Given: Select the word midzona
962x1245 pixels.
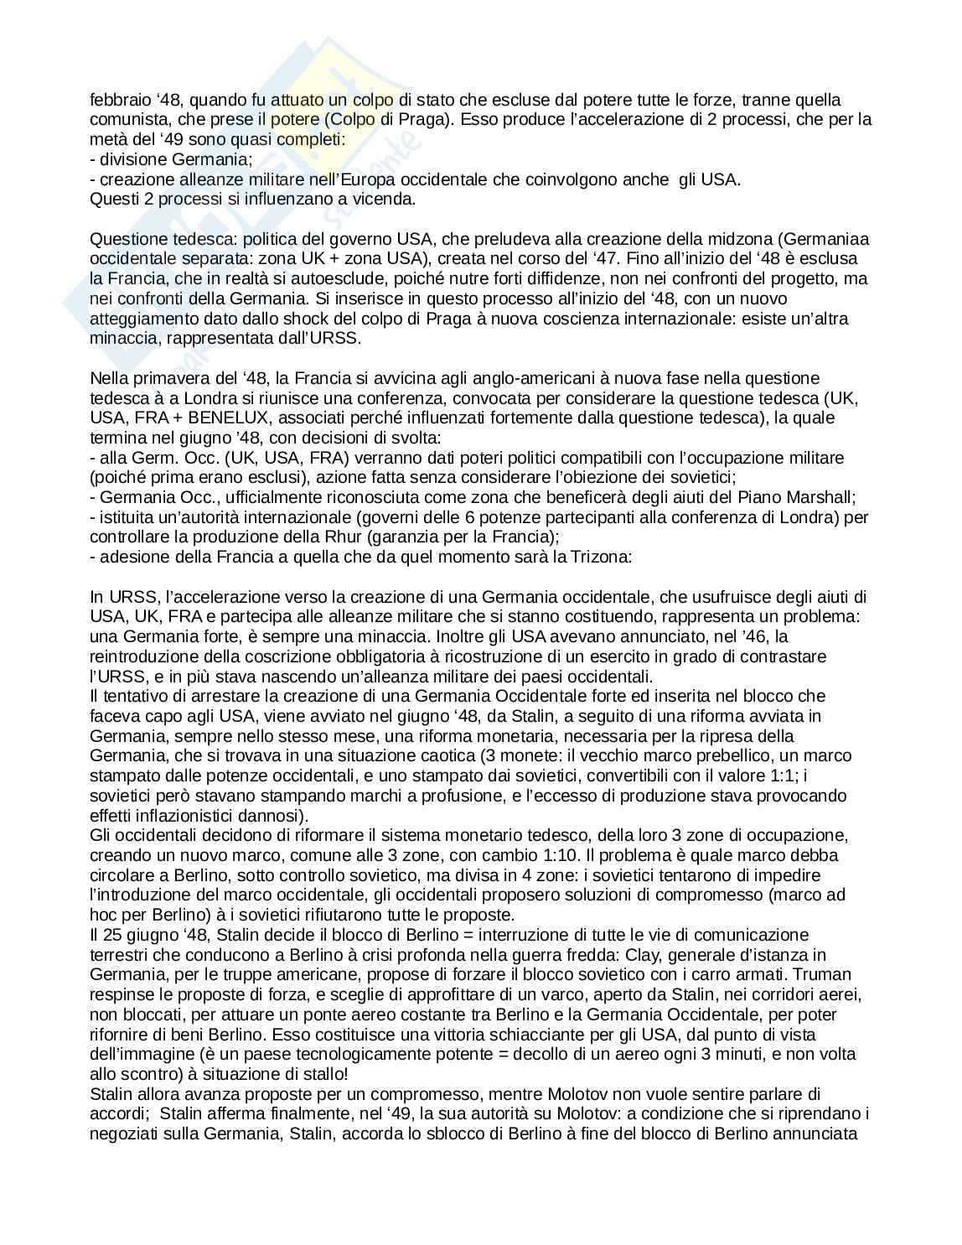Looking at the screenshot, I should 732,239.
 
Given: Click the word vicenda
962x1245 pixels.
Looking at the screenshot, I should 385,200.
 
